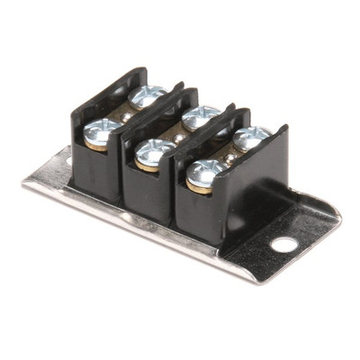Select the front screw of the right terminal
pyautogui.click(x=205, y=171)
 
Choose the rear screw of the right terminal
pyautogui.click(x=250, y=137)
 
